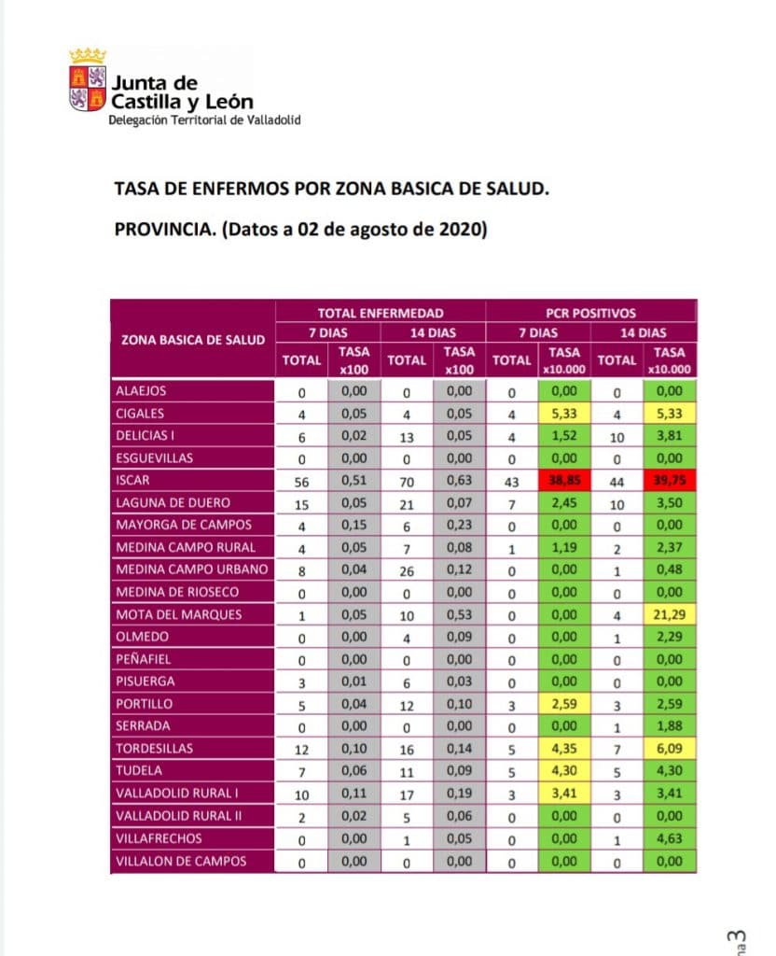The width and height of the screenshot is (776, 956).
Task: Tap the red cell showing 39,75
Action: (668, 481)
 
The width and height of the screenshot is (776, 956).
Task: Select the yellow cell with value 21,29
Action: (668, 614)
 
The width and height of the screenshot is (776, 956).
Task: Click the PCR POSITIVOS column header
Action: (590, 314)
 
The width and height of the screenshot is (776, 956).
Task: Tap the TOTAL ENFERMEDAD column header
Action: (381, 314)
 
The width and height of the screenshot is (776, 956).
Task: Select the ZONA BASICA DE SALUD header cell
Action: (193, 340)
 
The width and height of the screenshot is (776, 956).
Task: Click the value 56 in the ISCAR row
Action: (300, 481)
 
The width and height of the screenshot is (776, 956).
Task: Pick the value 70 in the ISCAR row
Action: (406, 481)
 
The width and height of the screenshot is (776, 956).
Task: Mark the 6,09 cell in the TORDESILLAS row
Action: (668, 749)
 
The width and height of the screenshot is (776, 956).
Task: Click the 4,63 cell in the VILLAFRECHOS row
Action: (668, 838)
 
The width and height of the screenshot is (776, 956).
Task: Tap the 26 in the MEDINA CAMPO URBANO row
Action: (406, 569)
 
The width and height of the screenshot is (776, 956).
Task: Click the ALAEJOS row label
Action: (141, 391)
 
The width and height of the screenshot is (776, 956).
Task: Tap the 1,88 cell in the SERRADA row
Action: (668, 726)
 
